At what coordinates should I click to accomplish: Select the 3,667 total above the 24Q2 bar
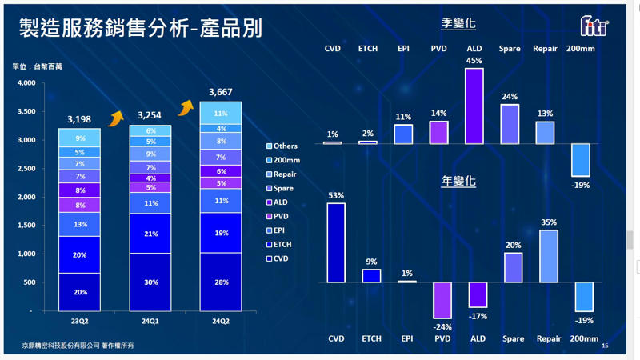(x=221, y=93)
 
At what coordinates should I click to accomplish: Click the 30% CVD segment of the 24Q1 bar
(x=150, y=282)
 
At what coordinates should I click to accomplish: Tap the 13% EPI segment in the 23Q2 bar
(x=79, y=224)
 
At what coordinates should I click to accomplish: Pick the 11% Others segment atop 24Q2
(x=221, y=114)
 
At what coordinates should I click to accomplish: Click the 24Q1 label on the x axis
(x=150, y=322)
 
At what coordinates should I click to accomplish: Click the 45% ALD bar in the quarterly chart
(x=474, y=106)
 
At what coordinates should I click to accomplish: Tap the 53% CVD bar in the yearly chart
(x=336, y=242)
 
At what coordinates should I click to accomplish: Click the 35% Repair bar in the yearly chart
(x=548, y=256)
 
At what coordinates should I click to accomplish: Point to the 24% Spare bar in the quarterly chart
(x=510, y=124)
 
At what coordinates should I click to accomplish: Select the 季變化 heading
(x=458, y=24)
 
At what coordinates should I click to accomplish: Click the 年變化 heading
(x=458, y=181)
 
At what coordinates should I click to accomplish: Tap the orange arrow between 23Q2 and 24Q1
(x=116, y=118)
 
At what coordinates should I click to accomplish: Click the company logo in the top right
(x=594, y=27)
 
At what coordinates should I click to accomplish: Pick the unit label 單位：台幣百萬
(x=38, y=66)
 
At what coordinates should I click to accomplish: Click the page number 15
(x=605, y=346)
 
